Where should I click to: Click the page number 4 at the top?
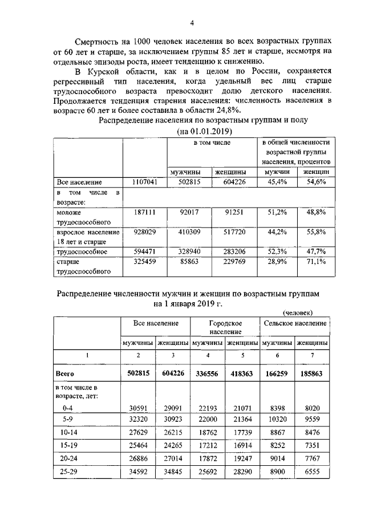pos(192,23)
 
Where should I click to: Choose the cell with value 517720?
pos(231,231)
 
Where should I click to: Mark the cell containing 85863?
pos(188,261)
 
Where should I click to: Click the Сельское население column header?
pos(294,323)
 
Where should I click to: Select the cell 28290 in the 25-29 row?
pos(242,473)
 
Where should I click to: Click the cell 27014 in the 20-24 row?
pos(172,457)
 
